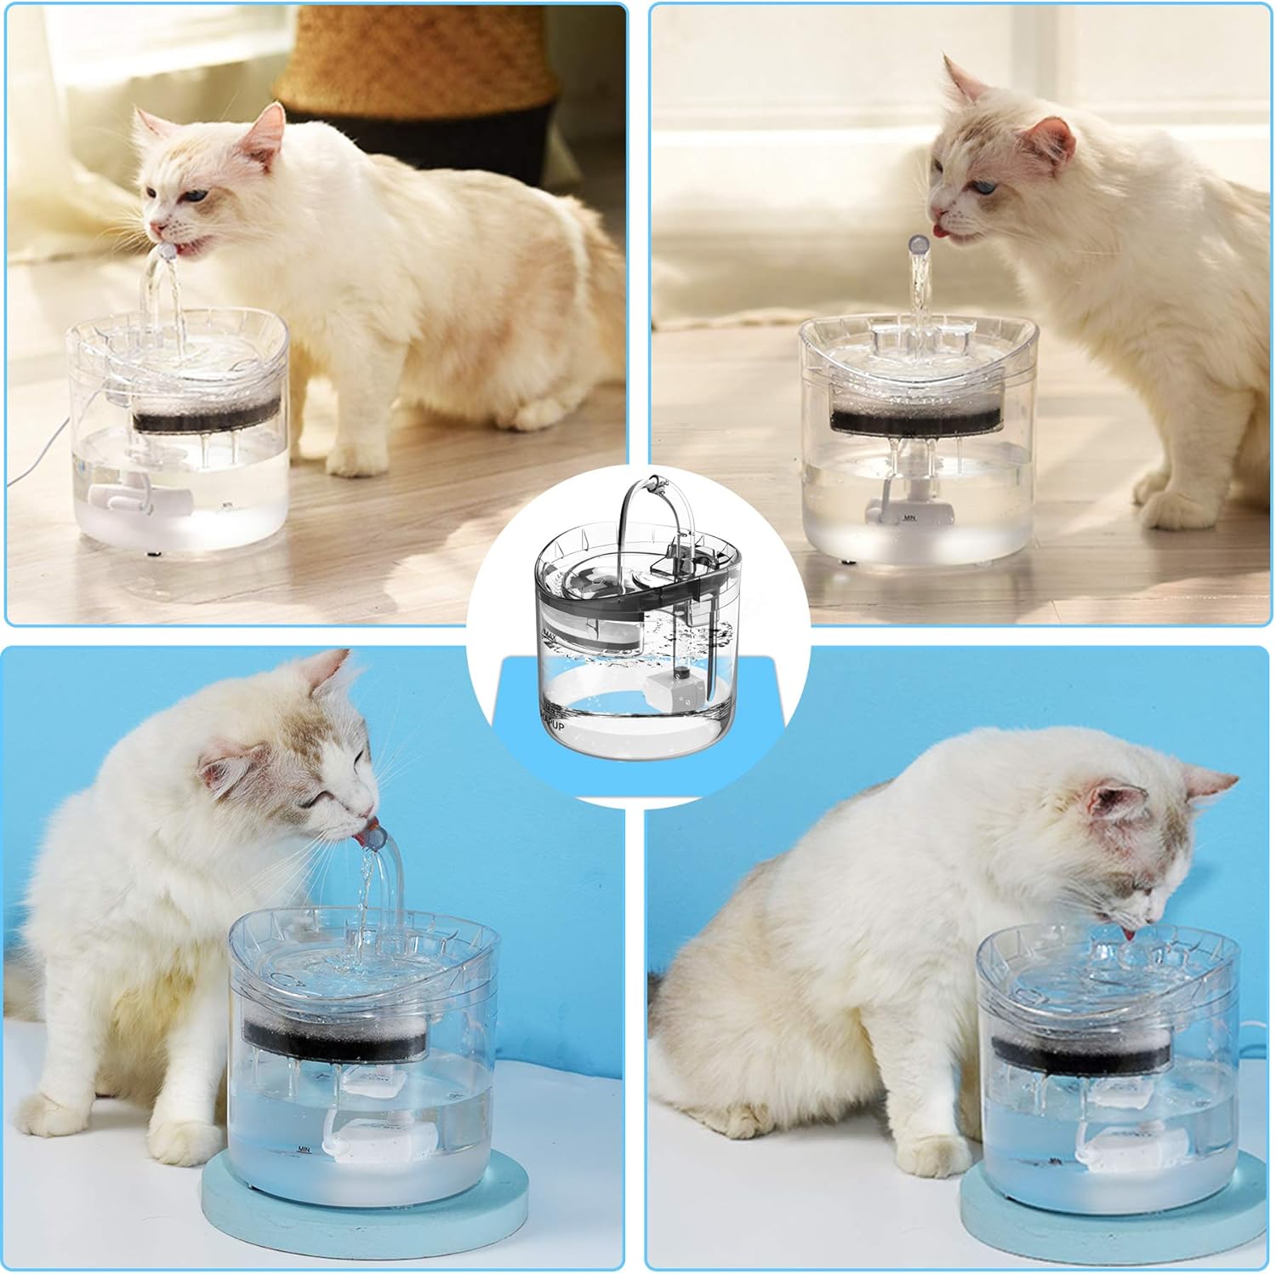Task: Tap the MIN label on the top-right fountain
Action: coord(909,516)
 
